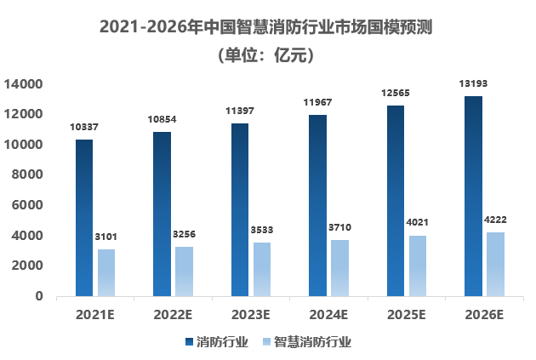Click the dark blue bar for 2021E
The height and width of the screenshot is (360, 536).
(83, 217)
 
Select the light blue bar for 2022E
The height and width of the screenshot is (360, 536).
(184, 271)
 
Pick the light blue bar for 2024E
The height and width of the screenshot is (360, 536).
(339, 267)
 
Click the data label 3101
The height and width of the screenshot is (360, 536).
(106, 236)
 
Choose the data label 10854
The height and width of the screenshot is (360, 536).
(161, 119)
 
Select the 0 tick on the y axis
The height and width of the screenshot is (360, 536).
(39, 296)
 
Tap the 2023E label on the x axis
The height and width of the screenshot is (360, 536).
(250, 314)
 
